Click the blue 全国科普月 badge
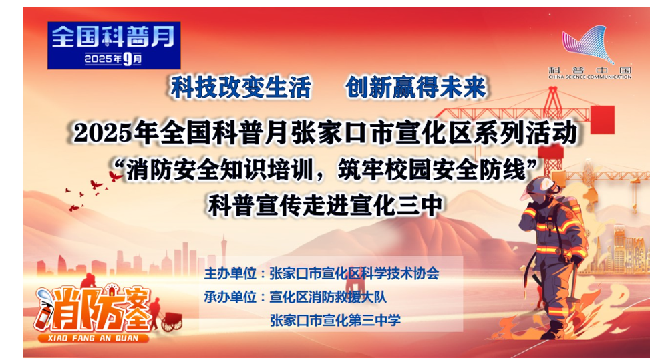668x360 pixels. (114, 45)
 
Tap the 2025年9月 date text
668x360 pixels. (113, 59)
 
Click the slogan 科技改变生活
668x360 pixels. (240, 87)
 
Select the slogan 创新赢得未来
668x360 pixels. (415, 87)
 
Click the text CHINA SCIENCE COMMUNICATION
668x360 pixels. (590, 77)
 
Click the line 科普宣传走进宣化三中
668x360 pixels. (326, 206)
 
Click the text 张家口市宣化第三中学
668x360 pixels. (335, 320)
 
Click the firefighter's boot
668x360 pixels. (554, 331)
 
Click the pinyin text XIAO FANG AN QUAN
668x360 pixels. (93, 338)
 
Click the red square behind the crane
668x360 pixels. (602, 120)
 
